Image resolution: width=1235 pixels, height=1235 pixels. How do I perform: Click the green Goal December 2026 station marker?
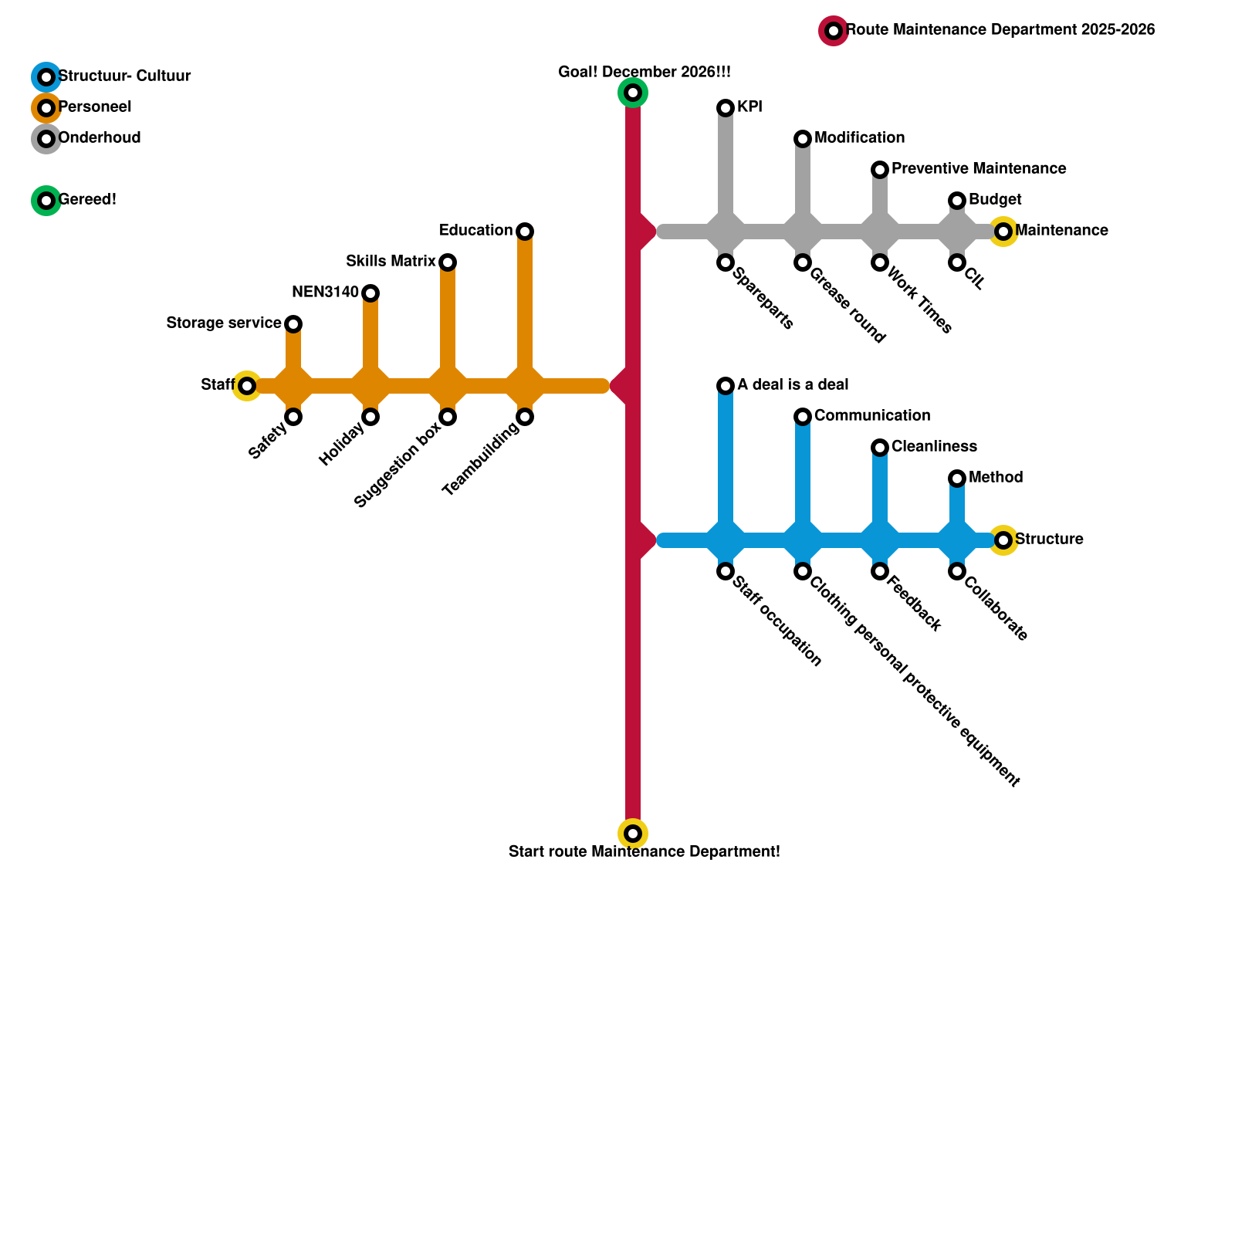click(x=633, y=93)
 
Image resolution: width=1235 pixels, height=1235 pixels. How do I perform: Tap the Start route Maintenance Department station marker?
click(x=633, y=834)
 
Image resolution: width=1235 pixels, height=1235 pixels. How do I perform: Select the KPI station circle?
click(x=726, y=108)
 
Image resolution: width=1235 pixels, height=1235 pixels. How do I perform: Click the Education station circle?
click(x=525, y=232)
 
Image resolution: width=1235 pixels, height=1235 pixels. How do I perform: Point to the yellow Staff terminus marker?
click(x=247, y=386)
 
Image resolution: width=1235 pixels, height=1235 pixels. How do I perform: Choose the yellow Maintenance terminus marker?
click(x=1003, y=232)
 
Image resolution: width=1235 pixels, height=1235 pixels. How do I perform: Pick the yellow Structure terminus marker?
click(x=1003, y=540)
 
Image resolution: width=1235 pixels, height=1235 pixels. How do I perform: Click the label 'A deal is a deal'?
click(x=793, y=384)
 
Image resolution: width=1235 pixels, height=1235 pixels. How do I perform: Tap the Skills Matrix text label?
click(x=391, y=261)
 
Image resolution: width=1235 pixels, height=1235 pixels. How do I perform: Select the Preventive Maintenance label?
click(x=979, y=168)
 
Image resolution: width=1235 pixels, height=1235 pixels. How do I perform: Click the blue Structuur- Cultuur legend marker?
click(x=46, y=77)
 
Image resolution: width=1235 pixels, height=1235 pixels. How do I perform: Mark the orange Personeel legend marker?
click(x=46, y=108)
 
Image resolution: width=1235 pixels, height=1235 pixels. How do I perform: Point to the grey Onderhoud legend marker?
click(x=46, y=139)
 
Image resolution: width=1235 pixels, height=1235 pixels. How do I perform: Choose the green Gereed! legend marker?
click(x=46, y=201)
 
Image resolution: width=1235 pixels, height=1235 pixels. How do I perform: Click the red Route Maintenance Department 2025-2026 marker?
click(x=834, y=31)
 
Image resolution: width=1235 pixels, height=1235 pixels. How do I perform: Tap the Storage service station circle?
click(x=293, y=324)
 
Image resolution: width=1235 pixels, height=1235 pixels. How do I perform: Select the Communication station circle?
click(x=803, y=417)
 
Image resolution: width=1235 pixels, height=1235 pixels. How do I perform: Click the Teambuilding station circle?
click(x=525, y=417)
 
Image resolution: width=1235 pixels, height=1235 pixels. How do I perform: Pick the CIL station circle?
click(x=957, y=262)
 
